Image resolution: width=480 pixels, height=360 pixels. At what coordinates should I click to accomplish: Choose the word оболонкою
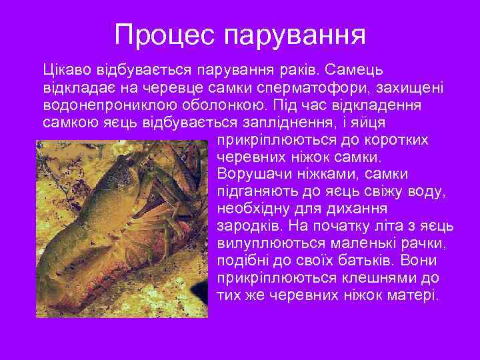[217, 105]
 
